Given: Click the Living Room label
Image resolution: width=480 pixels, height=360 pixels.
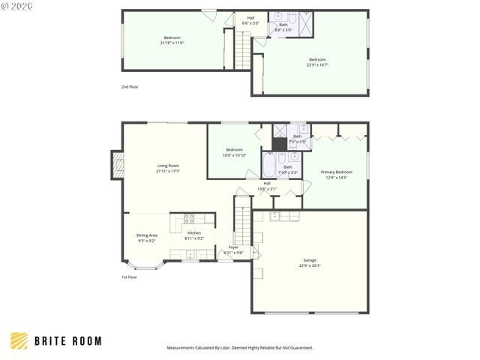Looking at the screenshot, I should [167, 166].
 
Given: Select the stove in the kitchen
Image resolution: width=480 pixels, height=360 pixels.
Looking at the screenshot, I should [189, 219].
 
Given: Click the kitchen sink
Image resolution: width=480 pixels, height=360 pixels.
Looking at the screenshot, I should [189, 256].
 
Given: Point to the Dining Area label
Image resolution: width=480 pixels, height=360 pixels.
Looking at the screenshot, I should [147, 235].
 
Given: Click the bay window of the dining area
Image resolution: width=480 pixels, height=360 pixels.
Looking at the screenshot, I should [142, 266].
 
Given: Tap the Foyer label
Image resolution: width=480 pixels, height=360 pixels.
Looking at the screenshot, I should [233, 247].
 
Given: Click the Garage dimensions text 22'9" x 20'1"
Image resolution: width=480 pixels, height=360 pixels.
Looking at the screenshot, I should [310, 265].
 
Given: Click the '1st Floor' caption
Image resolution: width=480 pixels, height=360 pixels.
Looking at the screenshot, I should [129, 277].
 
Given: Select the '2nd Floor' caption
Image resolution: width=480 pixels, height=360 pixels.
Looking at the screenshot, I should [130, 87].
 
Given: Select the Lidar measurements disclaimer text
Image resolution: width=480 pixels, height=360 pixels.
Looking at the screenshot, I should [239, 348].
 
